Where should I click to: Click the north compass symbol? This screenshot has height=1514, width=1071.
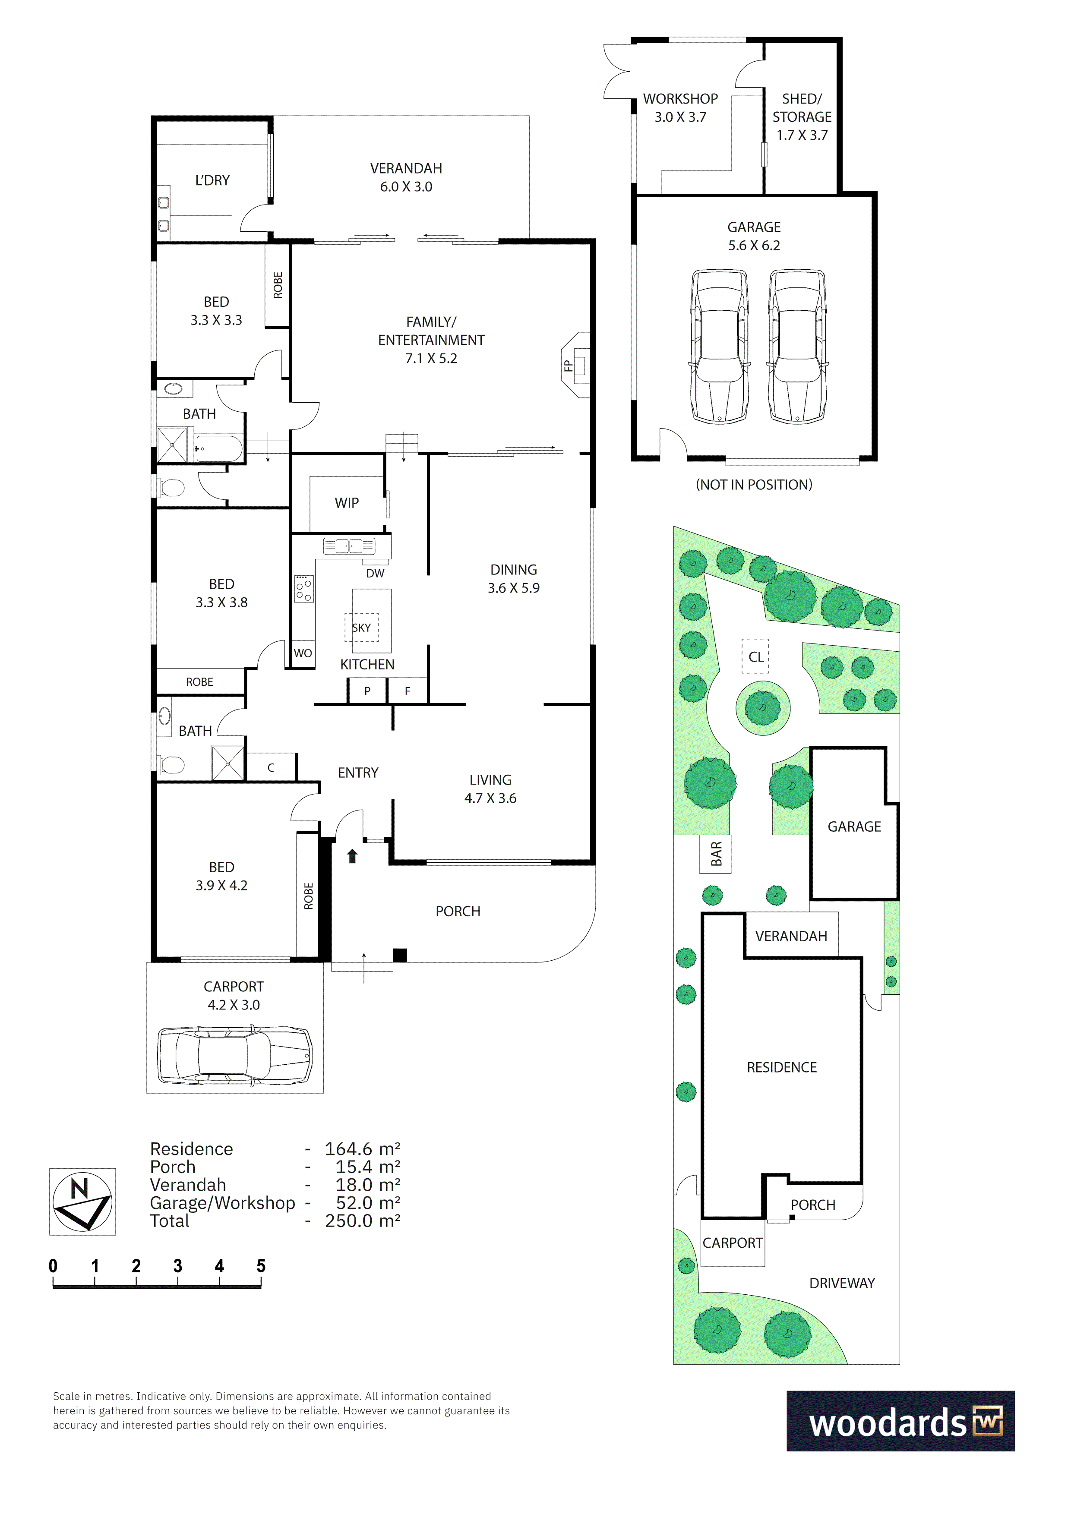82,1202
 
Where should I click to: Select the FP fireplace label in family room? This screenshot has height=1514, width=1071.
568,365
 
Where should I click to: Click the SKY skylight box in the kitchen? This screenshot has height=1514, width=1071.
361,627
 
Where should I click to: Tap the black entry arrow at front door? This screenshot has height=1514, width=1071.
352,856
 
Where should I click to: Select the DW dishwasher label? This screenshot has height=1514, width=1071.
375,573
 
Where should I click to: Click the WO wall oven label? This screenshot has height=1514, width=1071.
303,653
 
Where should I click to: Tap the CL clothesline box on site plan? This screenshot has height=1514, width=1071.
755,656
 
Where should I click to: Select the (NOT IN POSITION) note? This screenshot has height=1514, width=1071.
754,485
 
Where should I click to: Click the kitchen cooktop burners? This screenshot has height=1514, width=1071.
304,589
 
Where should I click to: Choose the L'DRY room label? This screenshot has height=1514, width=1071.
212,180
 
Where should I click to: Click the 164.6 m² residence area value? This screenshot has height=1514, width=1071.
363,1149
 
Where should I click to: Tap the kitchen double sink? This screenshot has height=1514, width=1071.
349,546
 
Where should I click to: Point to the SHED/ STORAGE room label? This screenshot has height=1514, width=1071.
802,107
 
